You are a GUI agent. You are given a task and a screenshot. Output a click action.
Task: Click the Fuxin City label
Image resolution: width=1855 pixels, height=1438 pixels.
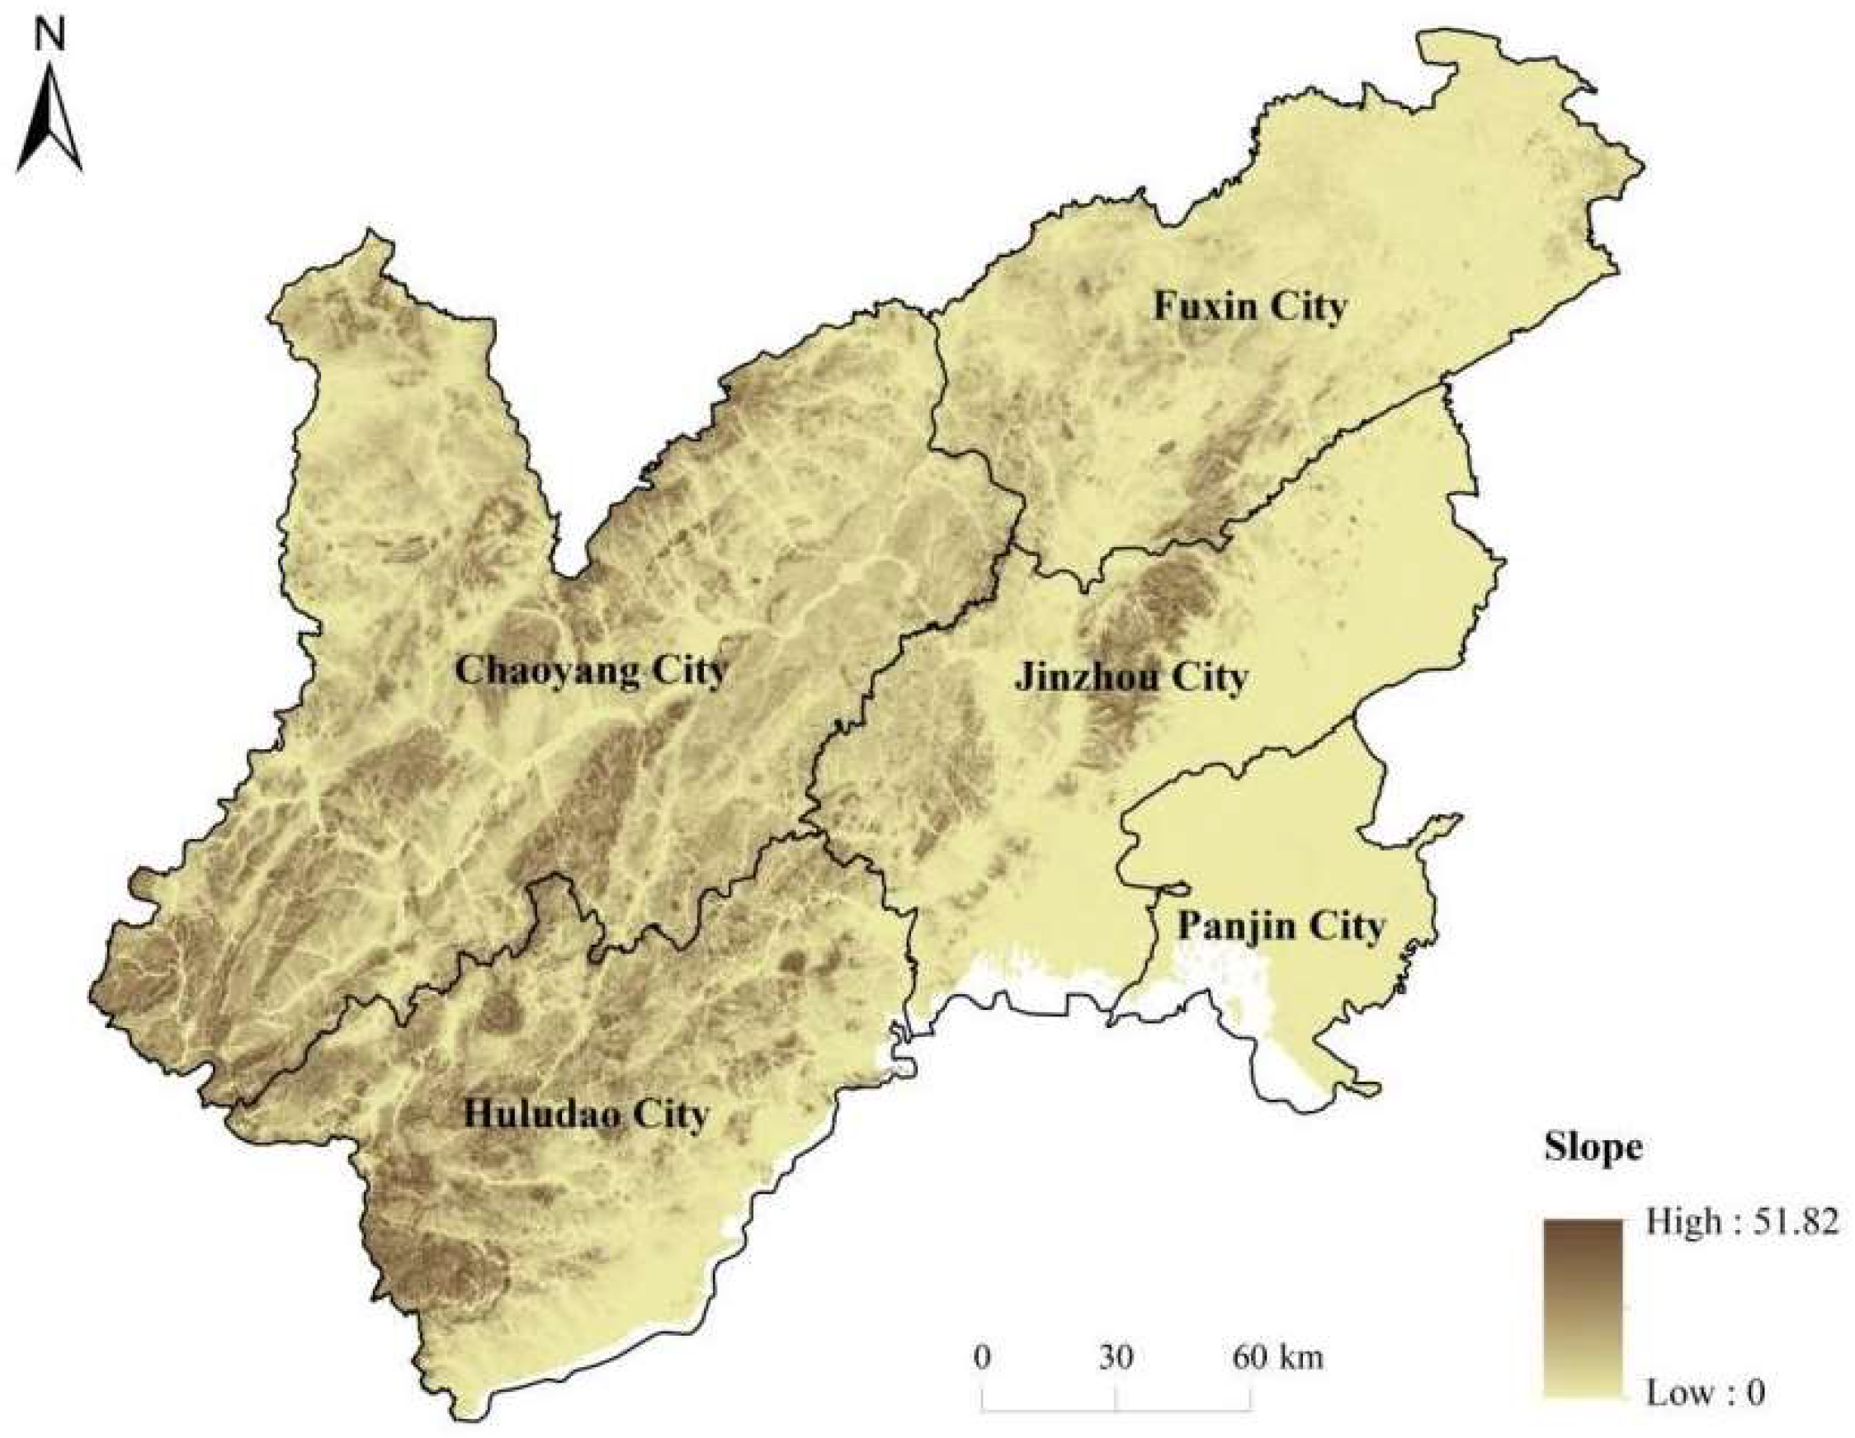point(1249,307)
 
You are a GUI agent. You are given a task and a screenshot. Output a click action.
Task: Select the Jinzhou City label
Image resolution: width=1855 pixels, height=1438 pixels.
point(1131,678)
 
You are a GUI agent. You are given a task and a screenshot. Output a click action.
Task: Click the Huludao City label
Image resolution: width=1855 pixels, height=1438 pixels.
point(585,1114)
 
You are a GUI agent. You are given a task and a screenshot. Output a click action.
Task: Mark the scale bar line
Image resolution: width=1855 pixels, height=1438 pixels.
point(1116,1408)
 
